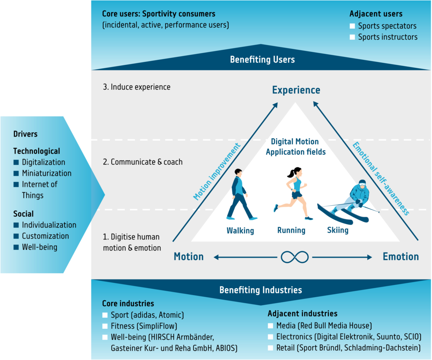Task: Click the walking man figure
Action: [240, 194]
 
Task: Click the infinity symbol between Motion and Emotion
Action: [295, 257]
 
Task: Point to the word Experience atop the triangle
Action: [296, 90]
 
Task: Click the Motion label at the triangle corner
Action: [188, 257]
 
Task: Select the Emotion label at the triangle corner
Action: [400, 257]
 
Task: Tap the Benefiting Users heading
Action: [262, 59]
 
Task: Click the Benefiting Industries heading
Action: [260, 290]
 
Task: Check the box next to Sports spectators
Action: [352, 26]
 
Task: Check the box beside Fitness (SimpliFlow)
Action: [105, 326]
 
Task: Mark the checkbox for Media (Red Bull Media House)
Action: [271, 326]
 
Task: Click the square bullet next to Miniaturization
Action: [16, 173]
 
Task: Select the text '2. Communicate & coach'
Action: [142, 162]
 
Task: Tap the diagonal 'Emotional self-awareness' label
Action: [381, 179]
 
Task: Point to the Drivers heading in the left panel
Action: [25, 134]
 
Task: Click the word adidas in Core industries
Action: [144, 315]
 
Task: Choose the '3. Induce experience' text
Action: [137, 87]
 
